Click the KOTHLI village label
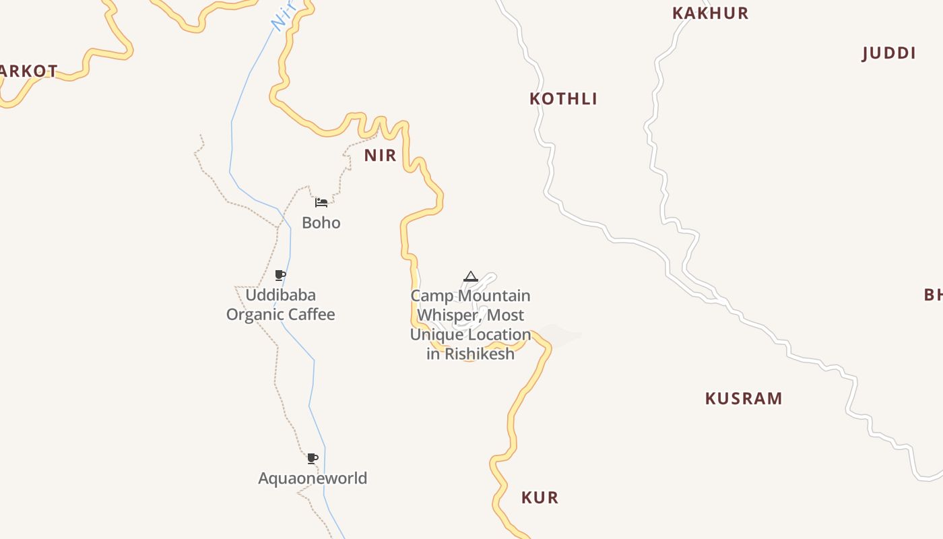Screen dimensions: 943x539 click(x=563, y=99)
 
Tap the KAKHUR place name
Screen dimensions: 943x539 click(x=710, y=13)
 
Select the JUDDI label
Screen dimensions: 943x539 click(x=888, y=54)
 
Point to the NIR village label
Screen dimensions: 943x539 click(x=380, y=156)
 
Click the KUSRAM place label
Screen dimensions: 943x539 click(x=744, y=399)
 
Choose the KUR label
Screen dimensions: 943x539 click(x=540, y=498)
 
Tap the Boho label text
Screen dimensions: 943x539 click(x=321, y=223)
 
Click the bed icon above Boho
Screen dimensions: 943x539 click(x=321, y=202)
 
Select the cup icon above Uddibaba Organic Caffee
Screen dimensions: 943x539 click(x=280, y=275)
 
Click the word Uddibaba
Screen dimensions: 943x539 click(x=280, y=295)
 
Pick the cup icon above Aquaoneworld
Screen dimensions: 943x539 click(x=313, y=459)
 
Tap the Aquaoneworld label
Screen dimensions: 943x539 click(x=313, y=478)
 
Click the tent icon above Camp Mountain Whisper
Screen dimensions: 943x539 click(x=470, y=276)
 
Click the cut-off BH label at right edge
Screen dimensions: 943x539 click(x=933, y=294)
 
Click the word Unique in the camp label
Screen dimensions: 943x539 click(x=436, y=335)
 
